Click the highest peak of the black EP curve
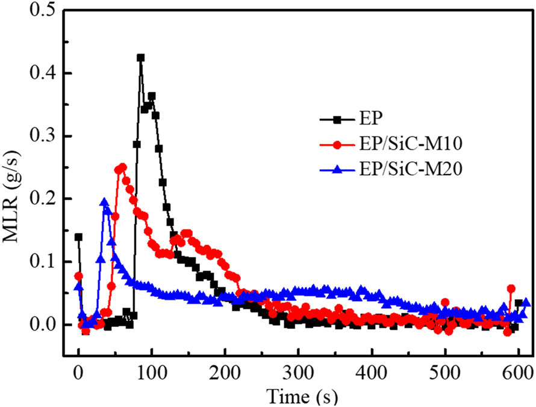pyautogui.click(x=140, y=58)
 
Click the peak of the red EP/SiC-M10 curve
pyautogui.click(x=122, y=167)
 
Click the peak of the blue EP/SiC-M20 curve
pyautogui.click(x=104, y=202)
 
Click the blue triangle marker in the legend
pyautogui.click(x=337, y=171)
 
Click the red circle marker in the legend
pyautogui.click(x=337, y=145)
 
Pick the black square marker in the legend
pyautogui.click(x=337, y=120)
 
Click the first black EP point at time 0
pyautogui.click(x=78, y=237)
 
